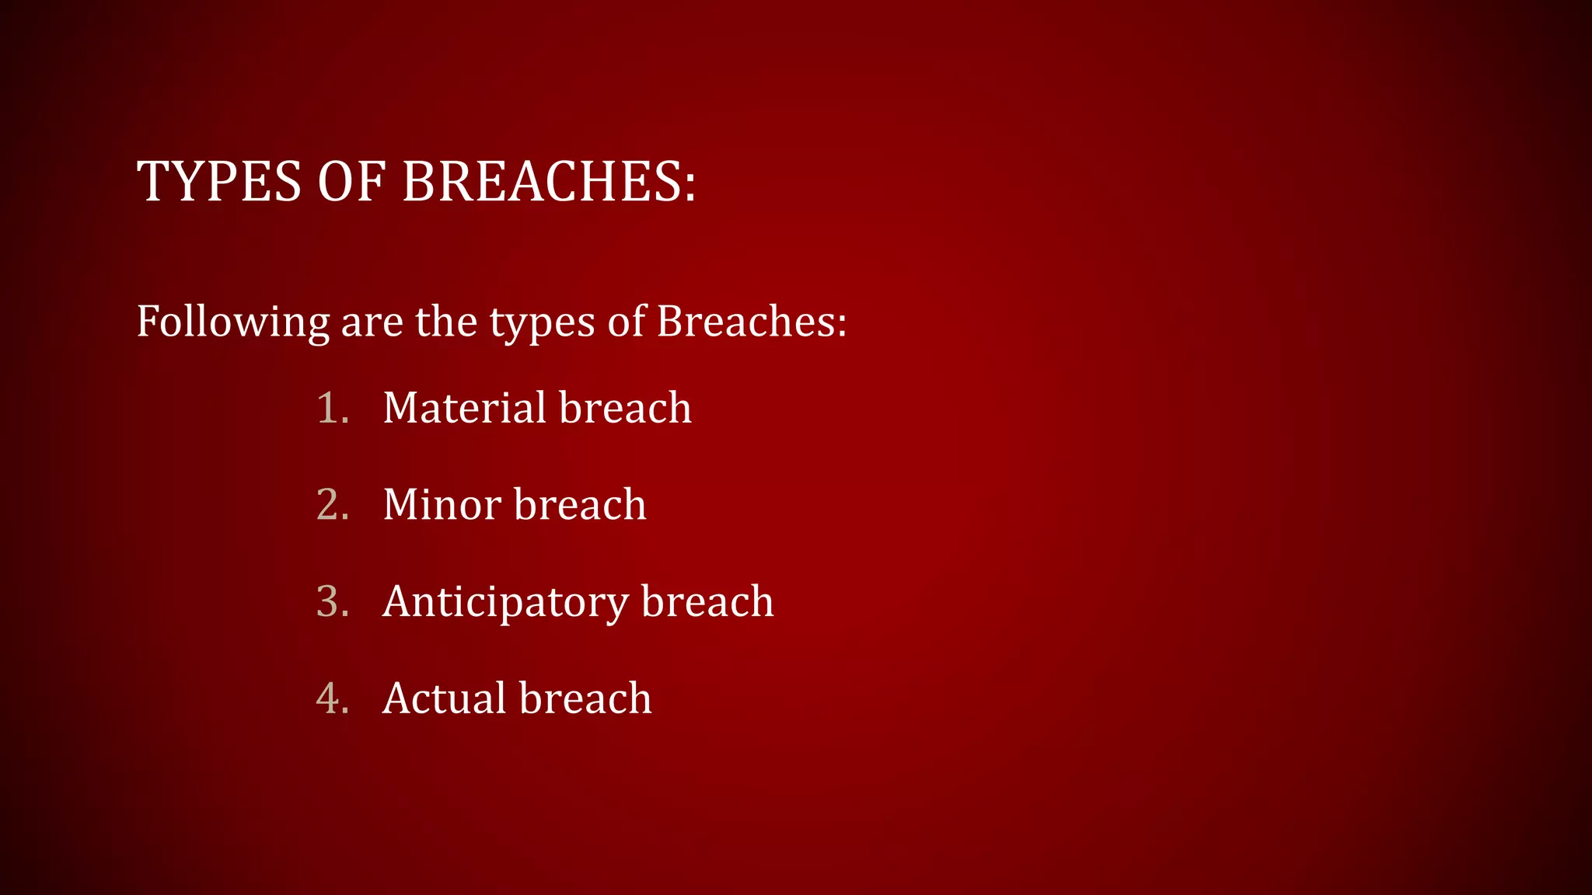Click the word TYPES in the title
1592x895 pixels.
[218, 182]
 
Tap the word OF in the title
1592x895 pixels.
[351, 182]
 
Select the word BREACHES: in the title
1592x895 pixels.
[549, 182]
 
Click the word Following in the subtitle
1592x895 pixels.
[232, 322]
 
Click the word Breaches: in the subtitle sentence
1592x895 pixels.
[751, 321]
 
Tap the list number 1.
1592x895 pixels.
[331, 408]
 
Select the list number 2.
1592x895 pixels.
[331, 505]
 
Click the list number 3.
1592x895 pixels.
[331, 601]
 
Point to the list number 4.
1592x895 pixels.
[331, 698]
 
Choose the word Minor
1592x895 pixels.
[442, 505]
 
